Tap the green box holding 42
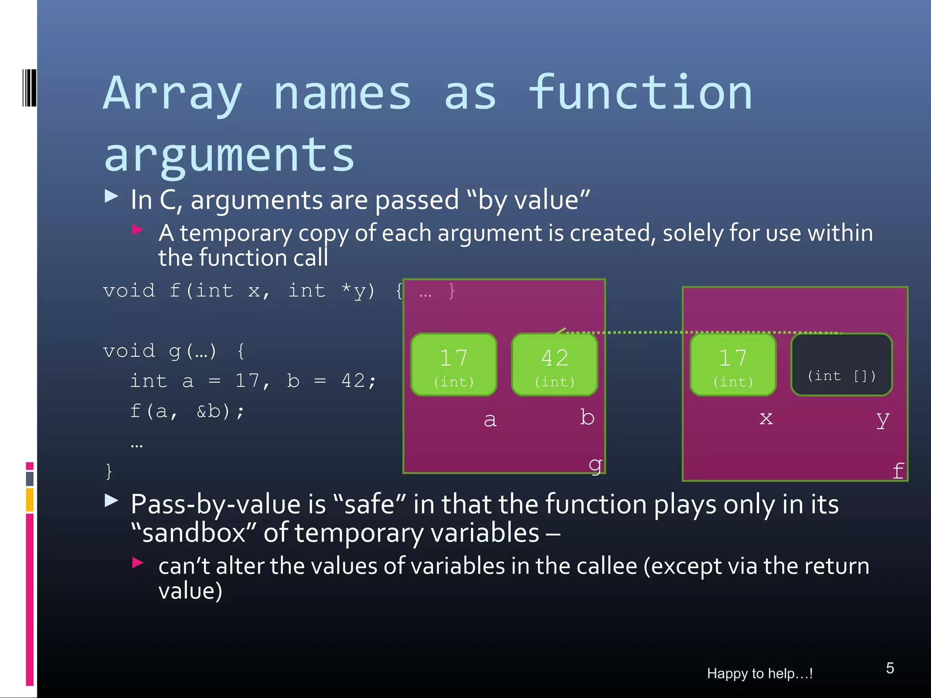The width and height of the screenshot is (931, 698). click(554, 364)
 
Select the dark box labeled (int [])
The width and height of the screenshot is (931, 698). click(841, 364)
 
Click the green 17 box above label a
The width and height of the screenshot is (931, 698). click(454, 364)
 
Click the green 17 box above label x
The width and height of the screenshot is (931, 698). click(733, 364)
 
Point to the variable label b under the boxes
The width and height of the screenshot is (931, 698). click(587, 417)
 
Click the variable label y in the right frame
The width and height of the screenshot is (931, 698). click(882, 419)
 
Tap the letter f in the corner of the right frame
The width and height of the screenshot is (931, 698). click(898, 471)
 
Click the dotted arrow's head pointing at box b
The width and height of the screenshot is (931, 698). click(560, 332)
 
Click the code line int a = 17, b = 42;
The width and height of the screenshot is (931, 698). click(253, 381)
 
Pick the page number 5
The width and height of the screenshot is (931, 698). click(890, 668)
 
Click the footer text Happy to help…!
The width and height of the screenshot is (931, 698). click(760, 673)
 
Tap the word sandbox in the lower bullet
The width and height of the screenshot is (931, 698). click(194, 533)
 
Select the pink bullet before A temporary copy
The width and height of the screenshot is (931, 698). click(138, 229)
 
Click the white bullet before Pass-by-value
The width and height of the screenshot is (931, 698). click(111, 501)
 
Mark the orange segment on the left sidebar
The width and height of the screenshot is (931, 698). click(30, 499)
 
